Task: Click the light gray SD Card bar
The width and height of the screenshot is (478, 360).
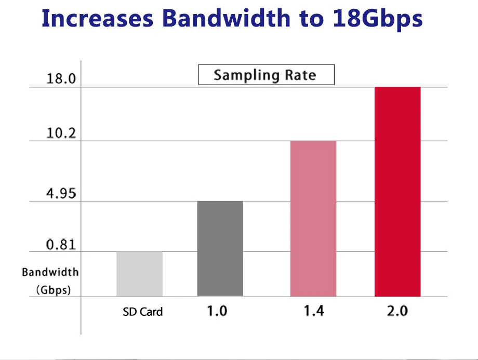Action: tap(140, 274)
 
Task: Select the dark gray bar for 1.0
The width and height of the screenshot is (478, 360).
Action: tap(220, 249)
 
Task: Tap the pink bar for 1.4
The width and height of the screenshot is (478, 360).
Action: tap(313, 219)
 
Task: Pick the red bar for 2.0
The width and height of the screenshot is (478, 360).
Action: tap(397, 192)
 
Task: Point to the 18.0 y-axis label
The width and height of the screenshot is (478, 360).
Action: tap(61, 79)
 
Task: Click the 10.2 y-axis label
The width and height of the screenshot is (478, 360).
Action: tap(61, 134)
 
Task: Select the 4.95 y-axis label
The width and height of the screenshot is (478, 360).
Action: tap(61, 194)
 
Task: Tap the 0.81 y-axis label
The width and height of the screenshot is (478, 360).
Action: tap(61, 244)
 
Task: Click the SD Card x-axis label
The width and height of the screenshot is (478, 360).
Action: tap(142, 312)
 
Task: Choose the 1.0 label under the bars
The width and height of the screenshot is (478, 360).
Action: tap(217, 311)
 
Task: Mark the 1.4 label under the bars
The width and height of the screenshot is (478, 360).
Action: tap(313, 311)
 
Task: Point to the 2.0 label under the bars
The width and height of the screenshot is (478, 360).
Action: tap(397, 311)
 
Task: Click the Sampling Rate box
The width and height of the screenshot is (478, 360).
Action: tap(266, 75)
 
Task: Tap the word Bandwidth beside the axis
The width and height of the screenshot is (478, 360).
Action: tap(50, 272)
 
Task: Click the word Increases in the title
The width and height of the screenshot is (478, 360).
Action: tap(97, 19)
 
